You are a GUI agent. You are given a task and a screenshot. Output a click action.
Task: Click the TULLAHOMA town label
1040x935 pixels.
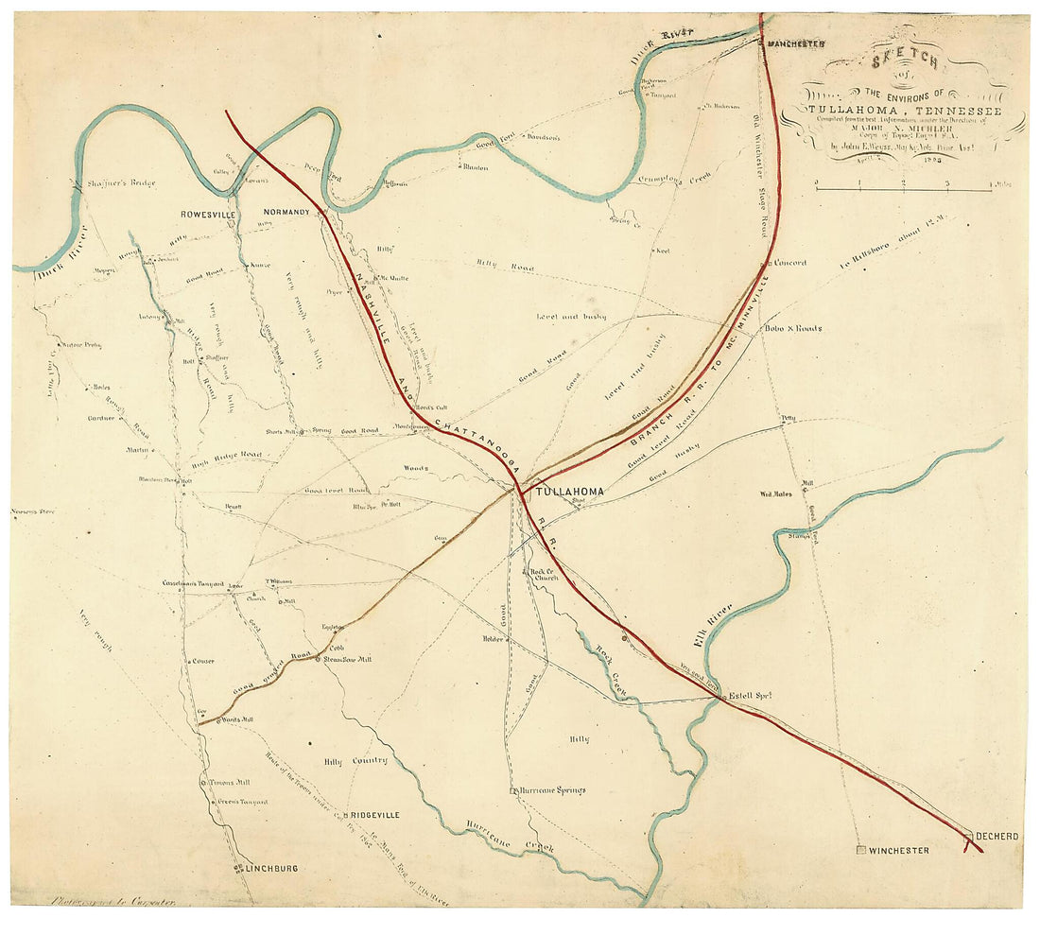569,493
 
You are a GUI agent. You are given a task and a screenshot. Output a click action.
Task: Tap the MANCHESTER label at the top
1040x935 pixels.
796,44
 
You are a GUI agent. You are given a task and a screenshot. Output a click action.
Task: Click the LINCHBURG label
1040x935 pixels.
272,868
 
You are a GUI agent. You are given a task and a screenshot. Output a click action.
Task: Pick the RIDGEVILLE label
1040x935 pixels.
375,814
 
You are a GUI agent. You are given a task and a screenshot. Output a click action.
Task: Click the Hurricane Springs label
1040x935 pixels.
552,790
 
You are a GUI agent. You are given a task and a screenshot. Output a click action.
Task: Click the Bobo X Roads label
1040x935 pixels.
792,329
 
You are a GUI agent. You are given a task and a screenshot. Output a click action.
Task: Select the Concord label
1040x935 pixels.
789,263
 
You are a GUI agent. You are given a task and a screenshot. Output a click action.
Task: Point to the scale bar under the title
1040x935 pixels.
903,190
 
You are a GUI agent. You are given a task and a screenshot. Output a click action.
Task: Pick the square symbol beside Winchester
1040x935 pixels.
860,851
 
